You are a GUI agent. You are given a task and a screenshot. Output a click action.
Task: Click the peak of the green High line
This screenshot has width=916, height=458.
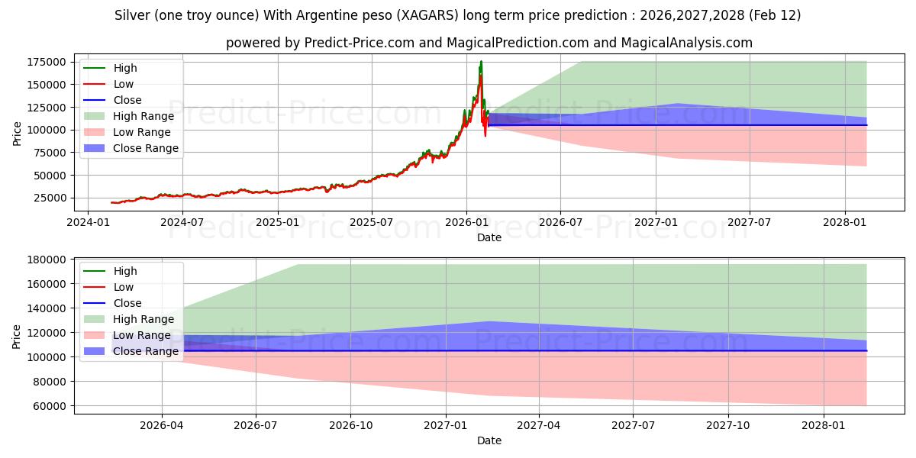pos(481,61)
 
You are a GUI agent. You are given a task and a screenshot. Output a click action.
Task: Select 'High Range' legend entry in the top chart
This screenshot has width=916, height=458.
pos(143,116)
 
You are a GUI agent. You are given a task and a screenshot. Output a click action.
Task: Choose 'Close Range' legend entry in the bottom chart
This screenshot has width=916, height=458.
pos(145,351)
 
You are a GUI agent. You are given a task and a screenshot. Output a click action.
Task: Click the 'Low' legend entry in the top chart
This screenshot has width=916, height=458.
pos(124,84)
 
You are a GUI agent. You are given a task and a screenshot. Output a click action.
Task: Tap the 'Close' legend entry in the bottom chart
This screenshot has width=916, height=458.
pos(127,303)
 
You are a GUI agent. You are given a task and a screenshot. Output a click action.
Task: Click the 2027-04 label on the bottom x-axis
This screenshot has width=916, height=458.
pos(539,425)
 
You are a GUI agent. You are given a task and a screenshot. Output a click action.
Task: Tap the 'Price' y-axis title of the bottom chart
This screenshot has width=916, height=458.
pos(18,336)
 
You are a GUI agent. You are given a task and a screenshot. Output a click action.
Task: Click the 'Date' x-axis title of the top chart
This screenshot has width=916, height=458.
pos(489,237)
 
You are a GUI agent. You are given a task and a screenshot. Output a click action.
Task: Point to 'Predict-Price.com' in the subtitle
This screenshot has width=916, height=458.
pos(353,43)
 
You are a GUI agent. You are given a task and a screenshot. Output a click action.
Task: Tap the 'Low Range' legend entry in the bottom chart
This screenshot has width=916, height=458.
pos(142,335)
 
